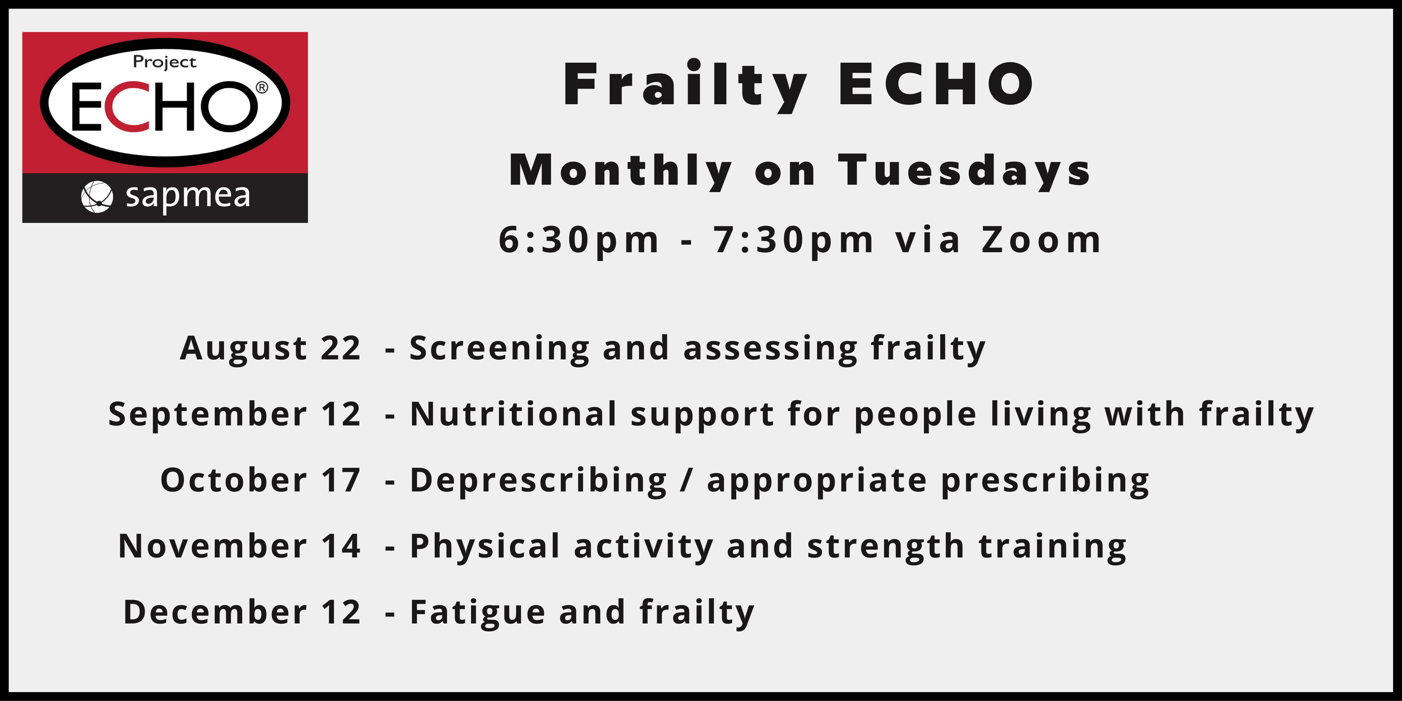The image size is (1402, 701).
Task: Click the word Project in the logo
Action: coord(164,62)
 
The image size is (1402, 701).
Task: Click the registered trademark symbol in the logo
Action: coord(262,87)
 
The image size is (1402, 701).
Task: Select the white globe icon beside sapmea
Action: coord(97,197)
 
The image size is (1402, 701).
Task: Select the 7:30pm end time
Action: coord(793,240)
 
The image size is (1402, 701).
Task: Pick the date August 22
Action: coord(270,348)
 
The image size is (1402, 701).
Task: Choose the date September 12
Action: coord(234,415)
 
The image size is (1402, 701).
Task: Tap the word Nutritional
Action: coord(514,414)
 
